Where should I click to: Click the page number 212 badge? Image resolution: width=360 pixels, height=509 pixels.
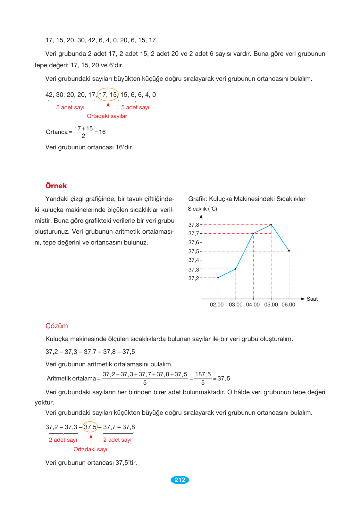(180, 480)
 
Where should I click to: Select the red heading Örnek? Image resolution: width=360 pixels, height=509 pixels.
(56, 186)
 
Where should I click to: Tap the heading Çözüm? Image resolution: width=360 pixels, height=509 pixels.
(57, 326)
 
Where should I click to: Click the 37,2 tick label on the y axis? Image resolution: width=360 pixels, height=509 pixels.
(194, 278)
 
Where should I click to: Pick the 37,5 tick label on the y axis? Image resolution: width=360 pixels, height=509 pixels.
(194, 251)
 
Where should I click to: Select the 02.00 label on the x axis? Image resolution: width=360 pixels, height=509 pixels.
(217, 305)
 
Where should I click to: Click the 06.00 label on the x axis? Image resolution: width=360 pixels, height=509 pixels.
(289, 305)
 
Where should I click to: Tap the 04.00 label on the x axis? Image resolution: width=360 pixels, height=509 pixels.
(253, 305)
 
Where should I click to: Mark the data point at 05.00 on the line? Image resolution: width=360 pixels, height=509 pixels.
(271, 225)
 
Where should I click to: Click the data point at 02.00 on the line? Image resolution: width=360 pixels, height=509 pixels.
(218, 278)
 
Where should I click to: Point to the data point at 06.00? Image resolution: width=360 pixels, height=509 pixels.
(289, 251)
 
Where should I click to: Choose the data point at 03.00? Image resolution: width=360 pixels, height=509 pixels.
(236, 269)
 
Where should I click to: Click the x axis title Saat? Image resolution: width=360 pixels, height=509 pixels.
(312, 299)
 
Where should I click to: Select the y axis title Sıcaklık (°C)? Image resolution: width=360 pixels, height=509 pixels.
(202, 209)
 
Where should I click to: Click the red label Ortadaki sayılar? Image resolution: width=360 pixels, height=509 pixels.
(107, 116)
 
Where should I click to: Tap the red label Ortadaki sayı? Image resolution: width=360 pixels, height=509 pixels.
(90, 449)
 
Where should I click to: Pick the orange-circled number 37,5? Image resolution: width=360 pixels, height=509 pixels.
(90, 427)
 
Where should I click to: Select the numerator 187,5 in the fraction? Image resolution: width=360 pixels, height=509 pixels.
(203, 374)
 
